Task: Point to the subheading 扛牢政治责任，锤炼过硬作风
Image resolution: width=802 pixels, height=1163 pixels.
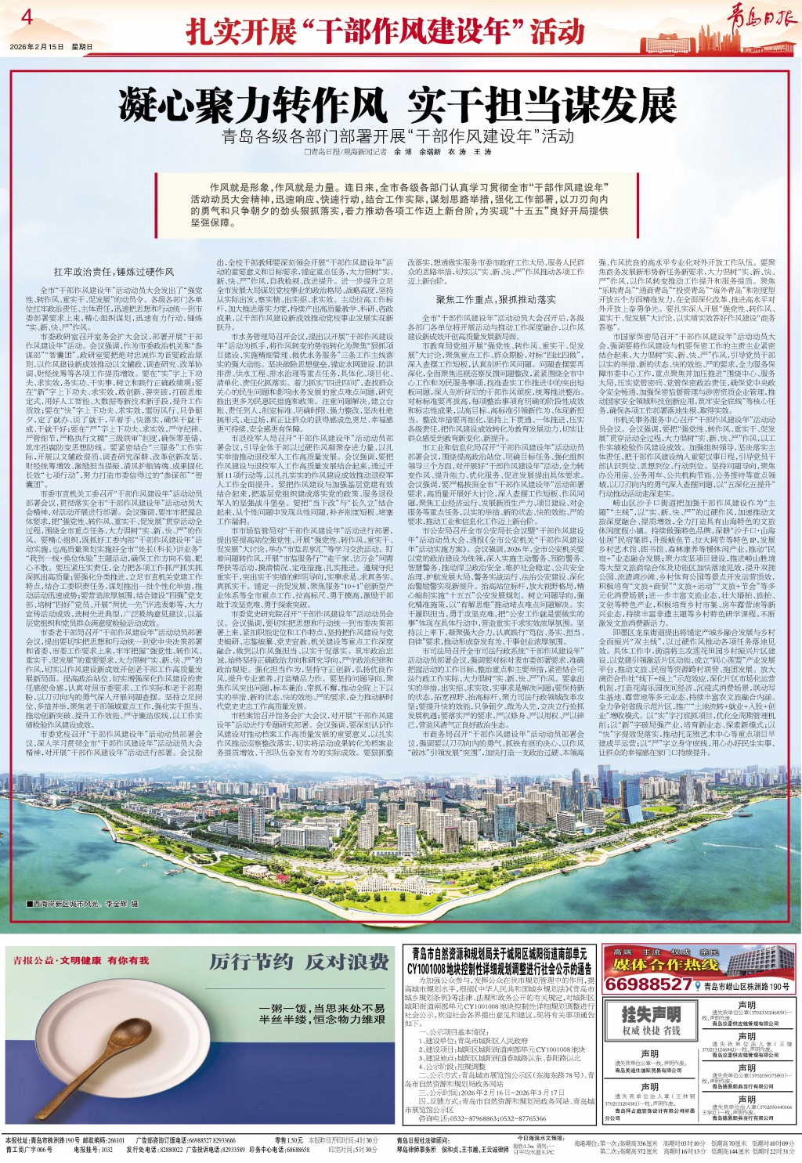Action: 114,271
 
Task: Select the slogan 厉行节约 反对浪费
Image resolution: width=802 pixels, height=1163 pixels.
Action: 298,962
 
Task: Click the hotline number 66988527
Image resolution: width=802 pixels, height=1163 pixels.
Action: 648,984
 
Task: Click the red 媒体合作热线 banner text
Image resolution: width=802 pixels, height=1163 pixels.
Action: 666,965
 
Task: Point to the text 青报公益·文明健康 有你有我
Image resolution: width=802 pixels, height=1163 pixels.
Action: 81,959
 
